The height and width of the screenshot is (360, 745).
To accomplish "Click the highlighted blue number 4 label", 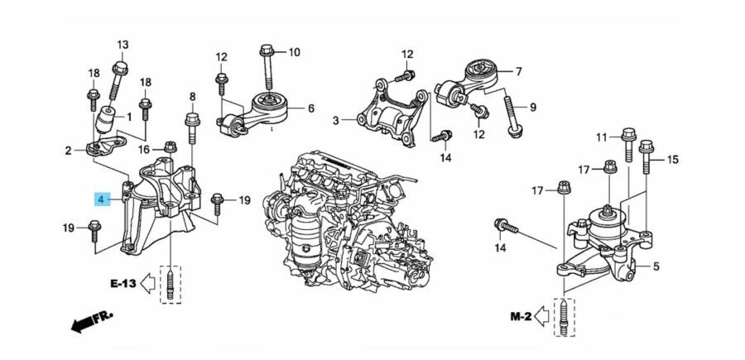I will [x=101, y=199].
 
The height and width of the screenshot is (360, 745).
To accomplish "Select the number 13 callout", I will [x=123, y=45].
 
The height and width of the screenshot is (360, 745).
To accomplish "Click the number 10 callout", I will [x=295, y=52].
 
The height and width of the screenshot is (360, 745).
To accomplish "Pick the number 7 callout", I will [x=518, y=71].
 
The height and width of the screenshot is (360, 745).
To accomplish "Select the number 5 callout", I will [x=656, y=266].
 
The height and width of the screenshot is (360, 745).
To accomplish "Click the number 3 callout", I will [x=336, y=121].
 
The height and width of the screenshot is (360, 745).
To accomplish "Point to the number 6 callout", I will [x=310, y=108].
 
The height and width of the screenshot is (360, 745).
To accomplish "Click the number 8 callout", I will [x=191, y=97].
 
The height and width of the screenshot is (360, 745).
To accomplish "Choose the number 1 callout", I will [x=129, y=118].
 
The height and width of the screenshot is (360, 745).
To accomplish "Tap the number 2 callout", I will [x=69, y=151].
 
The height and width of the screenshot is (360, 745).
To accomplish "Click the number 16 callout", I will [x=143, y=150].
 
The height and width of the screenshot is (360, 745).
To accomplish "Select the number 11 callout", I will [x=602, y=136].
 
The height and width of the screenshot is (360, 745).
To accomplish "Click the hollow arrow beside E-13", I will [x=147, y=284].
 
